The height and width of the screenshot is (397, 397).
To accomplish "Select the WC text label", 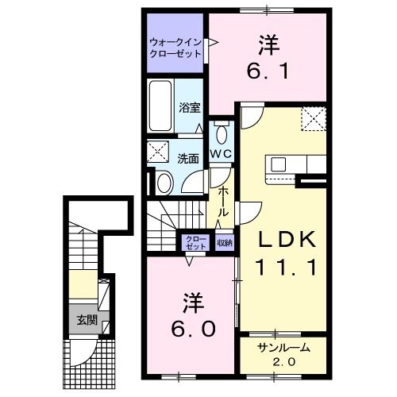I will pyautogui.click(x=220, y=152).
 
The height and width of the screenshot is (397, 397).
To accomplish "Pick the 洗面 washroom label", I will pyautogui.click(x=187, y=157).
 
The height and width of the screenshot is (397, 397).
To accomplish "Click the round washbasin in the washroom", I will pyautogui.click(x=164, y=183).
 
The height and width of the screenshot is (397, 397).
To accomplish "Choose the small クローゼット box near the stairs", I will pyautogui.click(x=195, y=243).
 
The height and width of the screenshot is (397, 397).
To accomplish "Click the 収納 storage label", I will pyautogui.click(x=224, y=243).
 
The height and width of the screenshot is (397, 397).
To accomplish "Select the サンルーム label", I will pyautogui.click(x=283, y=348).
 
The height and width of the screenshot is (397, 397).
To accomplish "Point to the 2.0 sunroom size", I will pyautogui.click(x=283, y=362).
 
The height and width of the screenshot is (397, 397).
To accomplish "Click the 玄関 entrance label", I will pyautogui.click(x=87, y=321).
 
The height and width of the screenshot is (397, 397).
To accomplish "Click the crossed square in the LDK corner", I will pyautogui.click(x=314, y=120).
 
